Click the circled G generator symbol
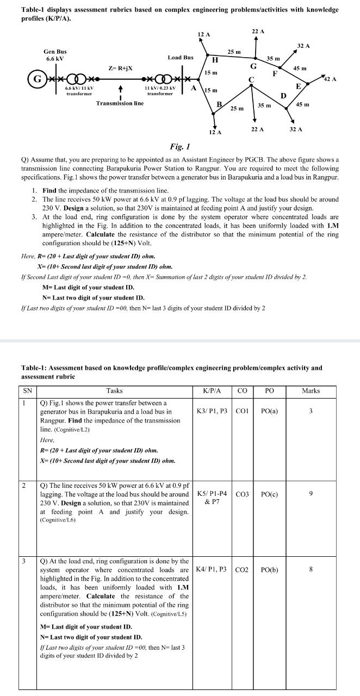(38, 78)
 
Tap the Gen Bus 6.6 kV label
(55, 55)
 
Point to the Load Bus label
(181, 57)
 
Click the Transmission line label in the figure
(120, 103)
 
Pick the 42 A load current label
(330, 79)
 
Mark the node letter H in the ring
(214, 60)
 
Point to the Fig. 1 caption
(179, 147)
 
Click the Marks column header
(311, 390)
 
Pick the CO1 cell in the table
(243, 412)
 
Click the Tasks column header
(114, 390)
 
